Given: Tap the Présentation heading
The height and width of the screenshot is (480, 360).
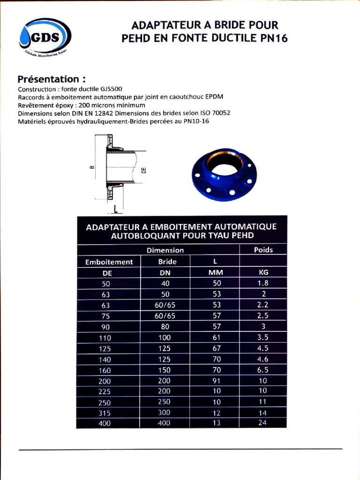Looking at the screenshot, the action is [x=52, y=79].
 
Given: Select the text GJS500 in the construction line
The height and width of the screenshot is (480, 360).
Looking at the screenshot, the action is [x=111, y=89].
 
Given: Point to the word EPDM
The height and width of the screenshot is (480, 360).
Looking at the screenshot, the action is [x=214, y=97].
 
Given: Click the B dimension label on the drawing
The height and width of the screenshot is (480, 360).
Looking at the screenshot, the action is [x=92, y=167].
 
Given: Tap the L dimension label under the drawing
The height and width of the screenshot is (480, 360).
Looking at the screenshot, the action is [x=115, y=209].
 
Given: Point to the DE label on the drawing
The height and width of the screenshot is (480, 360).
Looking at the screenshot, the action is [x=144, y=171].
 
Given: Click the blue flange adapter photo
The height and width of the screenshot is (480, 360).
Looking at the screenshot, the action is [x=224, y=175].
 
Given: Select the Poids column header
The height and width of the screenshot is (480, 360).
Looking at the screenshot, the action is [x=263, y=250].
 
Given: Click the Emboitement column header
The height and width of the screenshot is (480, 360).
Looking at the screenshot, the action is [x=109, y=262].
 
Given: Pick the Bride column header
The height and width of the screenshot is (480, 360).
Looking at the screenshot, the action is [x=167, y=262].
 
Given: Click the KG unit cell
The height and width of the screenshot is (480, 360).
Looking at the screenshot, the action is [x=263, y=272].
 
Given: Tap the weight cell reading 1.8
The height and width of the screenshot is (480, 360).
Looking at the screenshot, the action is [x=262, y=283].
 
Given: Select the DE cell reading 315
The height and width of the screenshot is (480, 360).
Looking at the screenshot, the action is [x=105, y=413].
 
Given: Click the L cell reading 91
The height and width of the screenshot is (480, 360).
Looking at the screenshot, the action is [x=217, y=381].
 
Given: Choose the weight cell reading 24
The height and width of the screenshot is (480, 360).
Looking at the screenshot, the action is [x=262, y=423].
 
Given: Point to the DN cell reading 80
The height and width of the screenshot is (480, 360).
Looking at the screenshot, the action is [x=165, y=327].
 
